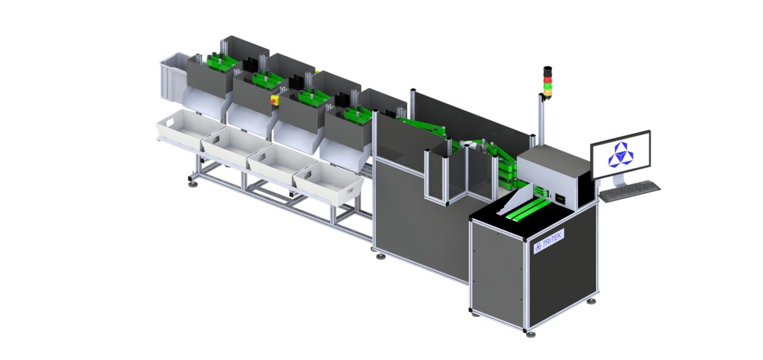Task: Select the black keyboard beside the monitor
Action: point(629,191)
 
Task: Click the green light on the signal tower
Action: point(547,92)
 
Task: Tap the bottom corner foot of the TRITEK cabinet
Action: point(528,332)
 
